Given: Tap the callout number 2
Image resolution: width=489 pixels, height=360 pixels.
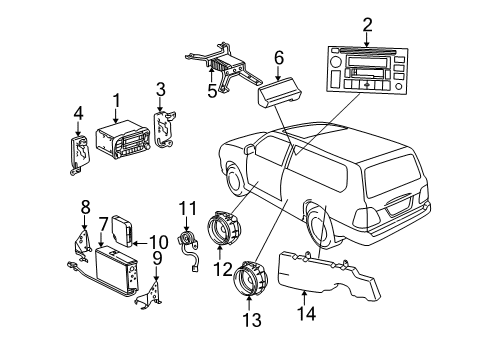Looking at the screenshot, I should (x=367, y=24).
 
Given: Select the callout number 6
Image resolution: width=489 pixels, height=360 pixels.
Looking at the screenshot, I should (x=280, y=58).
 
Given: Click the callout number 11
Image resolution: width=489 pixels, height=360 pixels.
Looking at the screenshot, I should (x=183, y=207).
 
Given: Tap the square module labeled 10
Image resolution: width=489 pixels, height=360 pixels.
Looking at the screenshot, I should (x=121, y=230).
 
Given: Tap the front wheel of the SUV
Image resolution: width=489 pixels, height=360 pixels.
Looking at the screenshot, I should (x=235, y=180).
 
